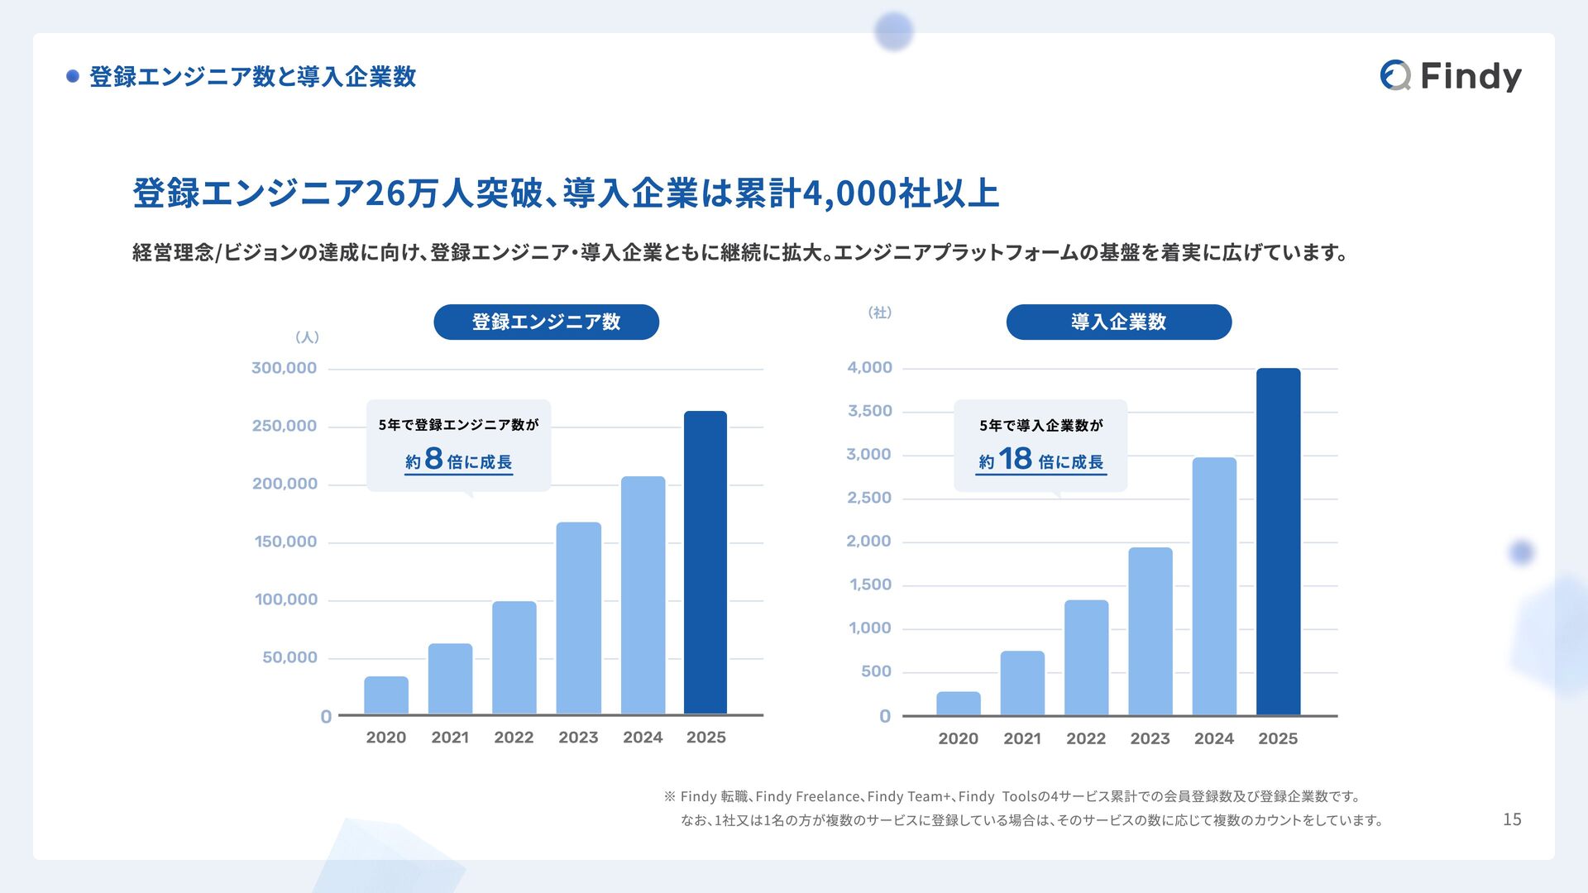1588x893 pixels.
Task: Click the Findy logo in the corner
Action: pos(1451,76)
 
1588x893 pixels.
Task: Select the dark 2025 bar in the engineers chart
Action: pos(706,562)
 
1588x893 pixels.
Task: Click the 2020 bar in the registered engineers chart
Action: pos(386,695)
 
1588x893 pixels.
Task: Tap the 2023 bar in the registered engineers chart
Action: pos(578,618)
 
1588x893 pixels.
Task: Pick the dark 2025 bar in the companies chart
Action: pos(1278,542)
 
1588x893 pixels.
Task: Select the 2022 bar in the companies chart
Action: pos(1086,657)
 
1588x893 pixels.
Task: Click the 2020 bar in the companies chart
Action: pos(959,704)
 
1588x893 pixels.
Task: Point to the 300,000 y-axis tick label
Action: pos(284,368)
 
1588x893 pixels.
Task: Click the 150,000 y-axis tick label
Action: pos(285,542)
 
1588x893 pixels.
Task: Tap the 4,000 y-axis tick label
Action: pos(869,367)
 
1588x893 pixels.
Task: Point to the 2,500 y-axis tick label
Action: pos(869,498)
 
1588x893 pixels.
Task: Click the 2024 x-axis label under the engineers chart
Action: pos(643,738)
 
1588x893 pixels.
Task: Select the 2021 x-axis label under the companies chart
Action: pos(1022,738)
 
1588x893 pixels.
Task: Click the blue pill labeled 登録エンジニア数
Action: pos(546,322)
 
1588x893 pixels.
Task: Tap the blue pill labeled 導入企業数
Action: pos(1118,322)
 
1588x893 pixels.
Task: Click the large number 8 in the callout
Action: pos(434,459)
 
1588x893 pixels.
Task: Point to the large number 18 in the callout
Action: pos(1015,459)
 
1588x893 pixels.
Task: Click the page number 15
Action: pos(1512,819)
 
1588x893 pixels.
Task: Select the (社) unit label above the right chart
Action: pos(879,313)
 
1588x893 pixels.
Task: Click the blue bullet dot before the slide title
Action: pos(73,76)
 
